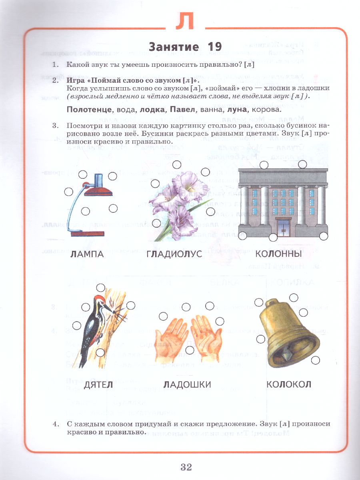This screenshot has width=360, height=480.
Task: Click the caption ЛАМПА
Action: [x=87, y=254]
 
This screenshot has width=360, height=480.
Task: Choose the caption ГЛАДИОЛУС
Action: [x=174, y=254]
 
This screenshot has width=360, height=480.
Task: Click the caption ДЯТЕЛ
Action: [x=98, y=385]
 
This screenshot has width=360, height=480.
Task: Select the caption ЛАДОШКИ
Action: [x=187, y=385]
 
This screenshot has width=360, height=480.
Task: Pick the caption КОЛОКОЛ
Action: [x=289, y=385]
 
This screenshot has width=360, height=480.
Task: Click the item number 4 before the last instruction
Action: [x=56, y=424]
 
